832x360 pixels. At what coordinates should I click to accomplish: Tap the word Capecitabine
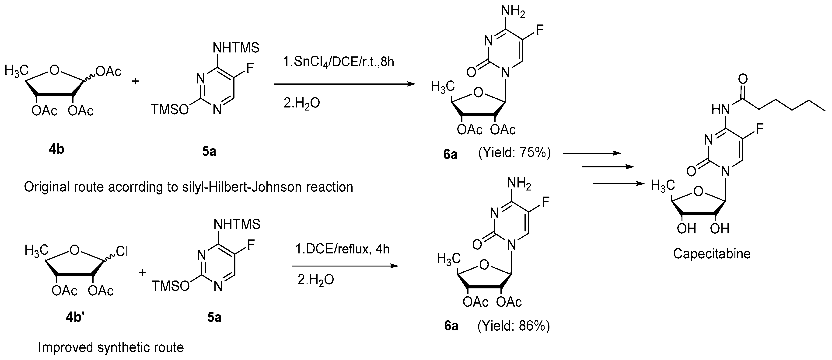pyautogui.click(x=712, y=254)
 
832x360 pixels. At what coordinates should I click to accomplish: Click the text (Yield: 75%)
pyautogui.click(x=514, y=152)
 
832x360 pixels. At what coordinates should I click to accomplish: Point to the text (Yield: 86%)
pyautogui.click(x=514, y=326)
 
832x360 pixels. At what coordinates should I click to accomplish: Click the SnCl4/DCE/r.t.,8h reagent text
pyautogui.click(x=339, y=62)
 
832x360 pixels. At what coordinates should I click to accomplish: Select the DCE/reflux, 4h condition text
pyautogui.click(x=342, y=249)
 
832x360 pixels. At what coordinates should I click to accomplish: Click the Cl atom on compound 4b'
pyautogui.click(x=122, y=252)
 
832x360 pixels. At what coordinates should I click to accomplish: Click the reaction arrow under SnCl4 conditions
pyautogui.click(x=344, y=84)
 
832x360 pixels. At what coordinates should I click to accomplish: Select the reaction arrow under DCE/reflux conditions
pyautogui.click(x=344, y=266)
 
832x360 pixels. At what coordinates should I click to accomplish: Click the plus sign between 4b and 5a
pyautogui.click(x=135, y=81)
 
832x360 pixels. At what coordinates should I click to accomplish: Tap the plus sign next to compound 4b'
pyautogui.click(x=142, y=273)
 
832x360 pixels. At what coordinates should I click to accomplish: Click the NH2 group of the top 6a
pyautogui.click(x=513, y=12)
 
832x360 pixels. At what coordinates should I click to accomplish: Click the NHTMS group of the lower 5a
pyautogui.click(x=237, y=224)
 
